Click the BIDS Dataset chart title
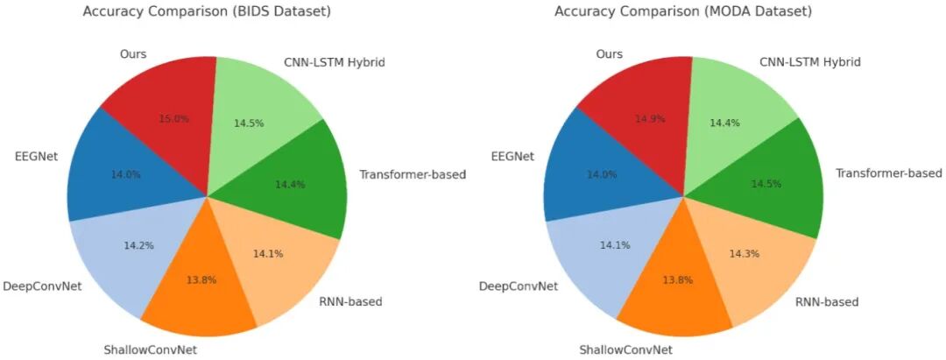[207, 12]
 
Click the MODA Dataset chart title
[683, 12]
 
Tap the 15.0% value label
[174, 119]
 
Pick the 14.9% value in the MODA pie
[650, 119]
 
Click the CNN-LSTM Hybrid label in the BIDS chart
[334, 62]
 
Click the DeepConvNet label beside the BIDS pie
[42, 286]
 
